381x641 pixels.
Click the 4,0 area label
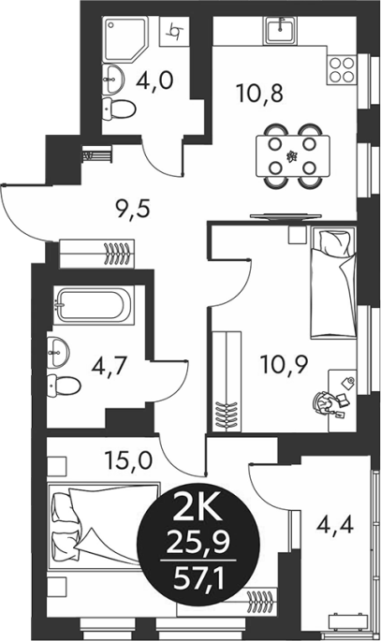tap(155, 80)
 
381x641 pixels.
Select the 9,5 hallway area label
tap(133, 210)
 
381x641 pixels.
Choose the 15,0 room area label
tap(128, 459)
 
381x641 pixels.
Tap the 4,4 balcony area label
tap(335, 524)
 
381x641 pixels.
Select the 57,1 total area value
tap(198, 579)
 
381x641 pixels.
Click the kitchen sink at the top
tap(280, 30)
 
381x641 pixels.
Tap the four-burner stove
tap(342, 70)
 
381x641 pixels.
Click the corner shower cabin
tap(127, 39)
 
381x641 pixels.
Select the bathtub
tap(94, 305)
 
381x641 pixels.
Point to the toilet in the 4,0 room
tap(119, 109)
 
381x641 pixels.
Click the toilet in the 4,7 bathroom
tap(64, 386)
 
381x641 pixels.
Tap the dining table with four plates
tap(293, 156)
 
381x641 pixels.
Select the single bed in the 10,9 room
tap(333, 283)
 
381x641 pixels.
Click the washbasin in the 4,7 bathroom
tap(58, 351)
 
